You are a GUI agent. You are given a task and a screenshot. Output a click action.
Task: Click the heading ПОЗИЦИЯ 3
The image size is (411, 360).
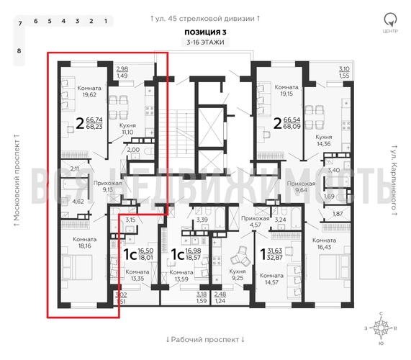pyautogui.click(x=205, y=32)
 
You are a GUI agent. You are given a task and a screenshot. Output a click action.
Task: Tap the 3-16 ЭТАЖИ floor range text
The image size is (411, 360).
pyautogui.click(x=205, y=43)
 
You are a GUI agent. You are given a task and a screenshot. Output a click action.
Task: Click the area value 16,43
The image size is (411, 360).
pyautogui.click(x=325, y=246)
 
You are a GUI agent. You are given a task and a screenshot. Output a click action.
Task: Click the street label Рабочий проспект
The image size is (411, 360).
pyautogui.click(x=205, y=338)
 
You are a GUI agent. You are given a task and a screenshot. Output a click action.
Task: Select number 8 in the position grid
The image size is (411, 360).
pyautogui.click(x=19, y=50)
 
